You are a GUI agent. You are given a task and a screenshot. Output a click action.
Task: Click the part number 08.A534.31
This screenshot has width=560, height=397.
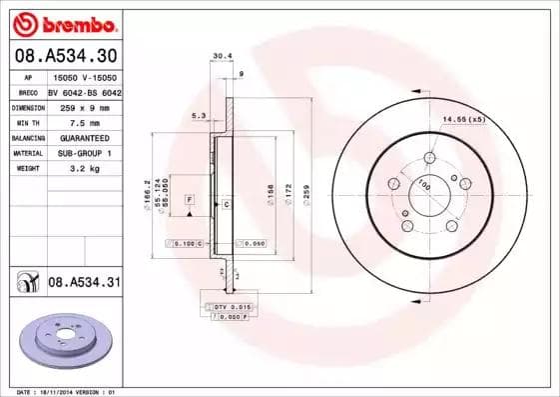click(x=84, y=283)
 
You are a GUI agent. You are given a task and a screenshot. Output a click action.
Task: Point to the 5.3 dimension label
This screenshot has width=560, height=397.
click(x=199, y=116)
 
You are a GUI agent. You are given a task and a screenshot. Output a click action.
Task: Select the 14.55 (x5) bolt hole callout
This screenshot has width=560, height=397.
click(x=463, y=119)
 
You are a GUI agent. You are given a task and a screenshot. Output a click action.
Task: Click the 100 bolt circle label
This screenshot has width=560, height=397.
click(x=423, y=183)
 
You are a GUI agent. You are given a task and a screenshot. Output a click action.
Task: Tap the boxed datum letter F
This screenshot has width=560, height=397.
click(x=189, y=201)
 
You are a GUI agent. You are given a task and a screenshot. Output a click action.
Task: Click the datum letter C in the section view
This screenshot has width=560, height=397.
click(x=227, y=204)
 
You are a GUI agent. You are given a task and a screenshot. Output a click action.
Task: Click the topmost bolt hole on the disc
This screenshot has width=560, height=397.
click(x=429, y=157)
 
